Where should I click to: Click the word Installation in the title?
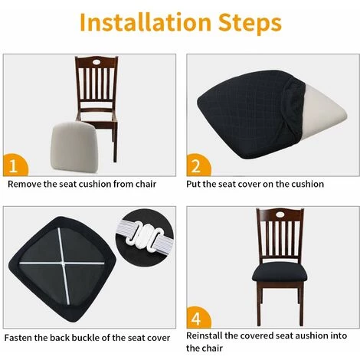coord(146,22)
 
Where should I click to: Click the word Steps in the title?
coord(250,24)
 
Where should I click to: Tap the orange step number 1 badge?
coord(15,165)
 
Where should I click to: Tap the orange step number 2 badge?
coord(198,165)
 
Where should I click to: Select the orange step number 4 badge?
coord(198,318)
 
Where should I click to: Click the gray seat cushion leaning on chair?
coord(74,146)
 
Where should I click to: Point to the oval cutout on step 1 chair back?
coord(97,62)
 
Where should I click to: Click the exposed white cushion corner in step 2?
coord(324,110)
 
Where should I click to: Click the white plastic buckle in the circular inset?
coord(146,235)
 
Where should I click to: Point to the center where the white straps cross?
coord(63,263)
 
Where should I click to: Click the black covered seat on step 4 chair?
coord(280,272)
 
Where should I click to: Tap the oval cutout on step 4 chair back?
coord(280,214)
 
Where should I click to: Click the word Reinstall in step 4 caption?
coord(204,335)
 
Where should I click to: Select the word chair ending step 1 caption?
coord(146,184)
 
